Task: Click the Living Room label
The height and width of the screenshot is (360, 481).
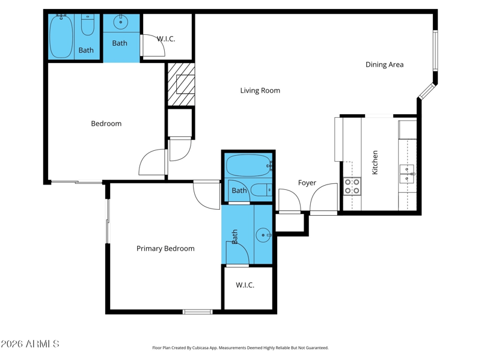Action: (260, 91)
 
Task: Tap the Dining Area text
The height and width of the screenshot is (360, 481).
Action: (384, 64)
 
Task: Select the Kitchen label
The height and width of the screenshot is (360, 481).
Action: (375, 162)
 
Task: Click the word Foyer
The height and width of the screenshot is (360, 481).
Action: (307, 183)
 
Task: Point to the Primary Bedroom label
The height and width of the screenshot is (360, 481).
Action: (165, 248)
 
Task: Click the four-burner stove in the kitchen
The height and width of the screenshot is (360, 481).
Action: (352, 186)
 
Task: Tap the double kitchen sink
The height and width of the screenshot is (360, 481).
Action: (407, 174)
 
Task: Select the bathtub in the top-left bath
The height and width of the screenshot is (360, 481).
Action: (61, 36)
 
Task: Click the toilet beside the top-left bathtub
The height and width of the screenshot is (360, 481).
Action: (87, 25)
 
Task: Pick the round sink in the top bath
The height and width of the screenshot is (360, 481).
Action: (121, 22)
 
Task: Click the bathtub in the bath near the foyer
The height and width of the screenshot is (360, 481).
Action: (248, 165)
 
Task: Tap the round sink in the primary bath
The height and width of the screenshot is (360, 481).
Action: (263, 235)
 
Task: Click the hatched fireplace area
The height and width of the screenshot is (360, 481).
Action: (181, 85)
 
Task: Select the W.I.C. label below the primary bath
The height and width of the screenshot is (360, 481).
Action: (245, 285)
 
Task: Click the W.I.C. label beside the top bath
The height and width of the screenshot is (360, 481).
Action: (166, 39)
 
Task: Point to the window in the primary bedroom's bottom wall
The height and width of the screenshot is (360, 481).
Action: (198, 312)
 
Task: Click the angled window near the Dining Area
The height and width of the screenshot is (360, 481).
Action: (427, 91)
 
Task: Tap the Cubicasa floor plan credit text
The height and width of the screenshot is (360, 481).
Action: (240, 348)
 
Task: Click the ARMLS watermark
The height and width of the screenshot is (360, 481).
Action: (29, 344)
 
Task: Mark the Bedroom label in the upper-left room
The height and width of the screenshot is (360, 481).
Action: (106, 124)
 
